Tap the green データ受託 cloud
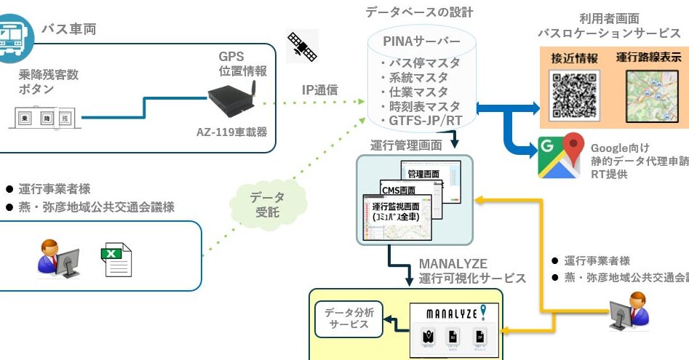tap(268, 204)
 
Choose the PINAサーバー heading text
tap(422, 41)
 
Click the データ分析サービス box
tap(349, 318)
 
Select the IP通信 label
tap(320, 90)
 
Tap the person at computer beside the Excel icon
tap(57, 258)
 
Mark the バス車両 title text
tap(68, 29)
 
